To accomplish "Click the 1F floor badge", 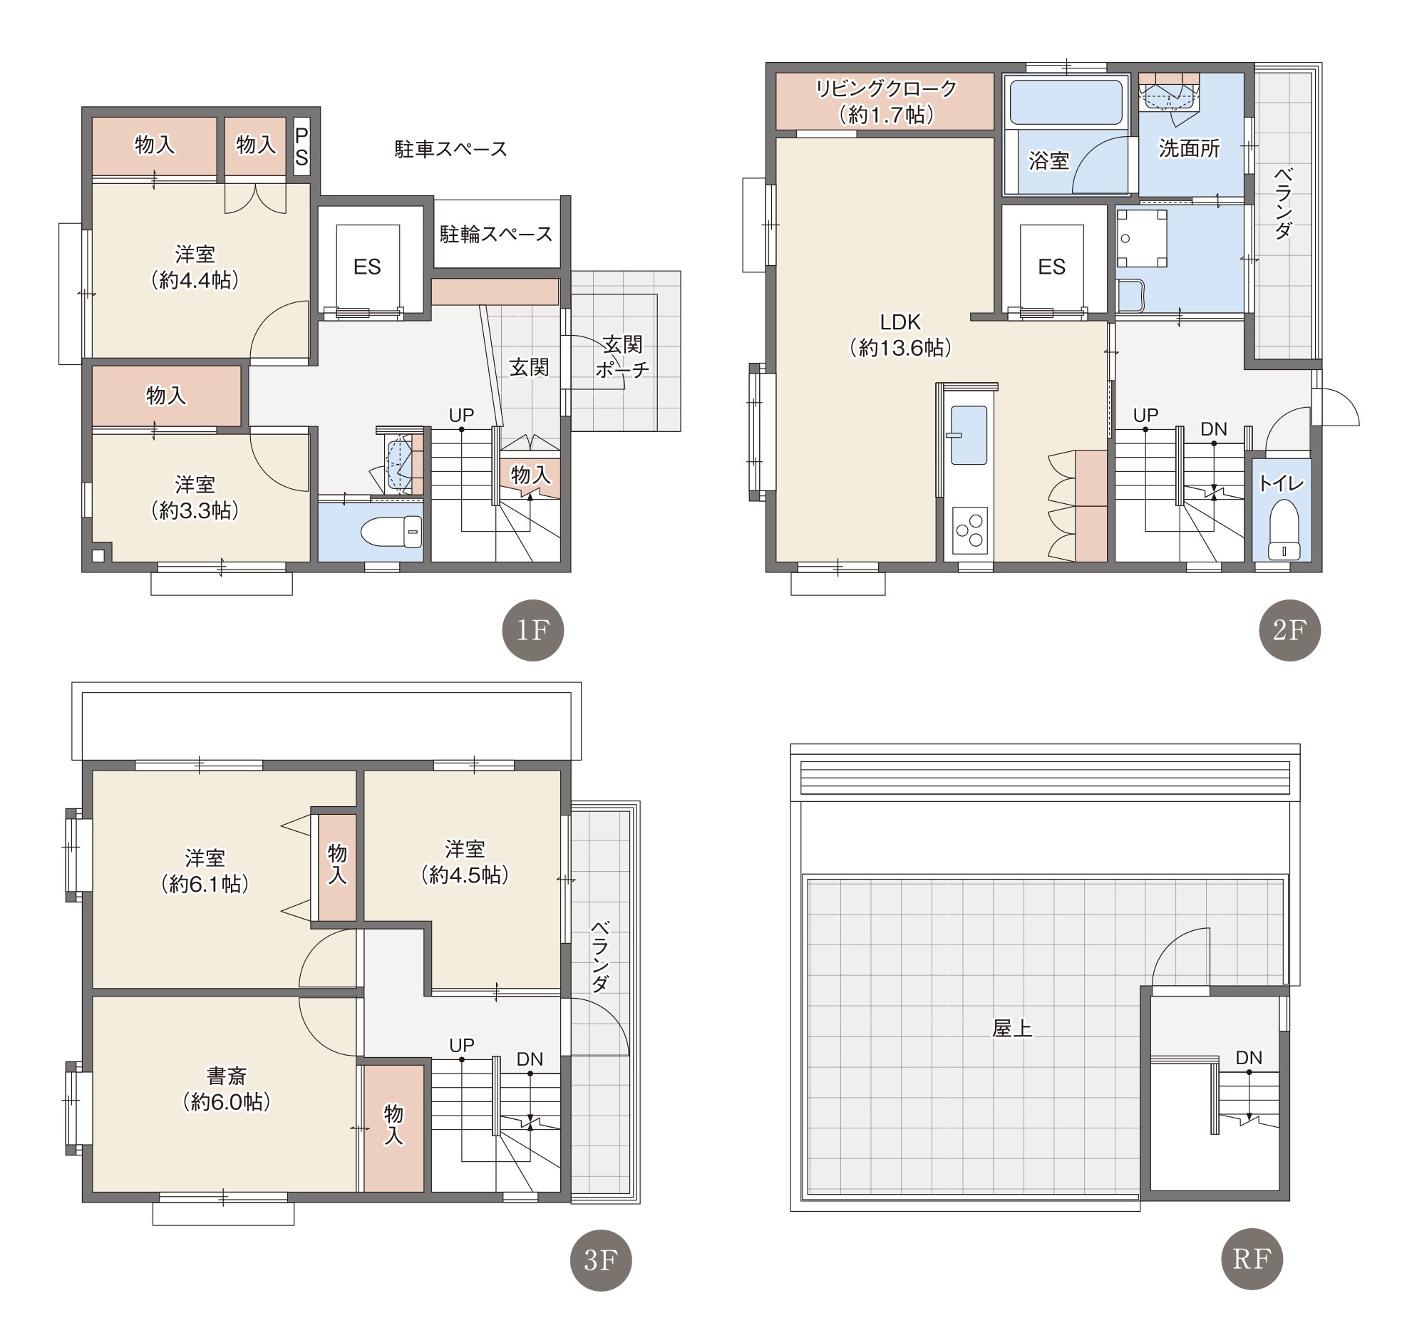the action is (x=533, y=630).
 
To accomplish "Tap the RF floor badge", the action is (x=1252, y=1260).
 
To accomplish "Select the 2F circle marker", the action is (x=1290, y=630).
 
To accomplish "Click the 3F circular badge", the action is (x=601, y=1260).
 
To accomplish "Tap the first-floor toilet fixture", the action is (x=392, y=532).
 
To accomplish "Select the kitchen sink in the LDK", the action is (x=969, y=435).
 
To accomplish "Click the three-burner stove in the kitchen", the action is (x=970, y=530).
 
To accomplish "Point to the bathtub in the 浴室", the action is (x=1066, y=103).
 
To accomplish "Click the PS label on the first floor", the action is (x=301, y=147).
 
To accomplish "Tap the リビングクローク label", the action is (x=886, y=89).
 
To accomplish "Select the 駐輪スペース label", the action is (x=496, y=234).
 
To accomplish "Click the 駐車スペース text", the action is (x=451, y=149).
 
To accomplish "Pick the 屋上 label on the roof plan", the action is (x=1012, y=1029).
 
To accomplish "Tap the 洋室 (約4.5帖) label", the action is (x=465, y=862).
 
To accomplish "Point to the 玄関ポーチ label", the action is (x=623, y=357).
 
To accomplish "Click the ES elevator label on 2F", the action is (x=1052, y=267).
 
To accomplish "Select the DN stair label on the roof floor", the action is (x=1249, y=1058).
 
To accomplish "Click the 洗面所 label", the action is (x=1189, y=148).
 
